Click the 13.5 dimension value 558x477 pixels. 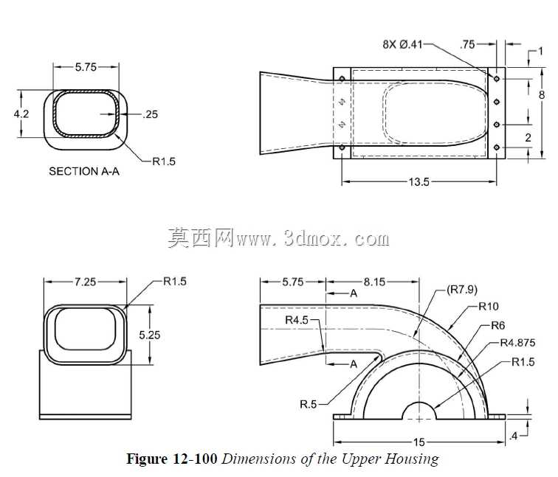tap(418, 182)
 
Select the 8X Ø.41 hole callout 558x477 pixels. tap(402, 44)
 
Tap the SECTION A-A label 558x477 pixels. tap(84, 171)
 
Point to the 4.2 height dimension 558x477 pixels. tap(21, 114)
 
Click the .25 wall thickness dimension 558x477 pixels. tap(150, 114)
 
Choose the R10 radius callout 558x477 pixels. tap(489, 306)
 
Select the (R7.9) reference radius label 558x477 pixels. tap(462, 290)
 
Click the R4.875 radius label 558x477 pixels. tap(518, 343)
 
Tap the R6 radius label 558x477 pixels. tap(498, 325)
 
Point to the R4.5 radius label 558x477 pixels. tap(297, 320)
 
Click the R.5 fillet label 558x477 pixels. tap(309, 404)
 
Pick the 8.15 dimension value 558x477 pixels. tap(374, 282)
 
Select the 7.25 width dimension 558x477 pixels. tap(86, 282)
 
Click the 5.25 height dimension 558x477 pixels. tap(149, 335)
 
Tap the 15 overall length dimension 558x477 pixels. tap(419, 442)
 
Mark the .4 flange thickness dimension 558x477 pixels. tap(513, 436)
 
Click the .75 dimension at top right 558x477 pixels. tap(468, 44)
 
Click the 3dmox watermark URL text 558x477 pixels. tap(312, 239)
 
